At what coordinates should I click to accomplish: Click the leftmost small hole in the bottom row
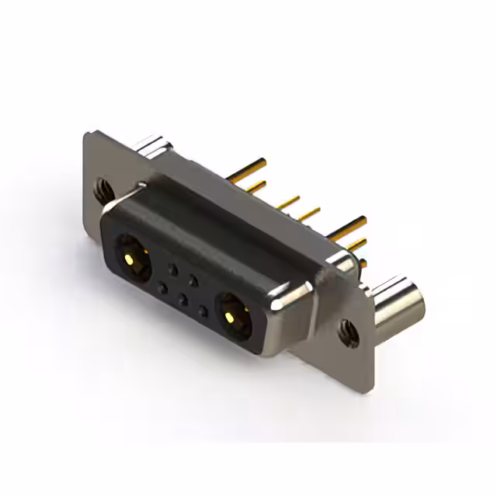tap(162, 288)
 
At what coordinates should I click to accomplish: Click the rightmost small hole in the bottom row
tap(203, 311)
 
